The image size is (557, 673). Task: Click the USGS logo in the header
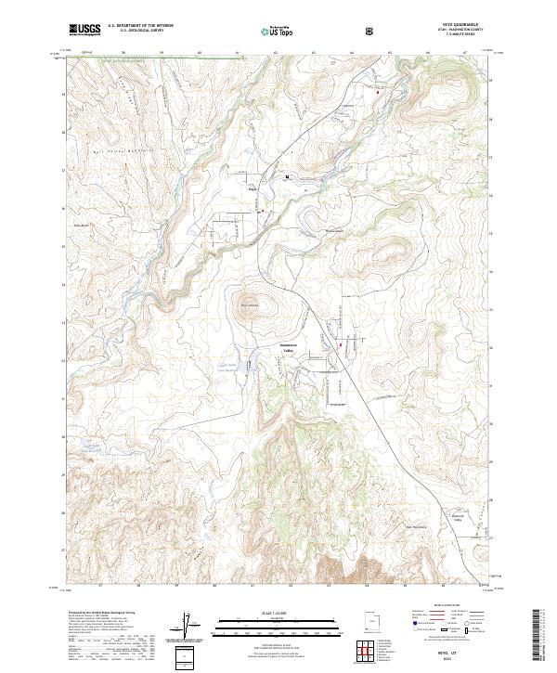(84, 30)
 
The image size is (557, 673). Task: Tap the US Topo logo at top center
(281, 30)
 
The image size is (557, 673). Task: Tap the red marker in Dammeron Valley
(341, 346)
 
